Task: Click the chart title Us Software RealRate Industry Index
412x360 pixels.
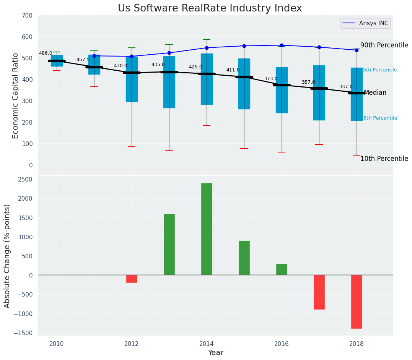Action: click(210, 8)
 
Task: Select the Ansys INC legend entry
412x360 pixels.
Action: click(373, 23)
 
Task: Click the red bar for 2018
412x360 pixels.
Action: click(357, 302)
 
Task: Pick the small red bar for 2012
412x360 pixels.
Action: click(132, 279)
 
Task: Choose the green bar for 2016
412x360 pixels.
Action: click(282, 269)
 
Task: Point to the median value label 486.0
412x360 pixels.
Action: click(46, 53)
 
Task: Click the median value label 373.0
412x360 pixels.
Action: click(271, 79)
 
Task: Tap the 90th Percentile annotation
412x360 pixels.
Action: click(384, 45)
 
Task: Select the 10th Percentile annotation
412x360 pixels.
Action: click(384, 159)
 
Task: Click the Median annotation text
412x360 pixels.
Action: click(375, 92)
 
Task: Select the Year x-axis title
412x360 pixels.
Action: click(216, 352)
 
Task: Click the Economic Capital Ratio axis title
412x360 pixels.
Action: click(15, 96)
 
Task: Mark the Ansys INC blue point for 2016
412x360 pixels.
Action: click(282, 45)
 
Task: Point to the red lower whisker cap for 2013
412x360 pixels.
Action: click(169, 150)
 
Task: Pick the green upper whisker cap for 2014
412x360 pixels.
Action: click(207, 39)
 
